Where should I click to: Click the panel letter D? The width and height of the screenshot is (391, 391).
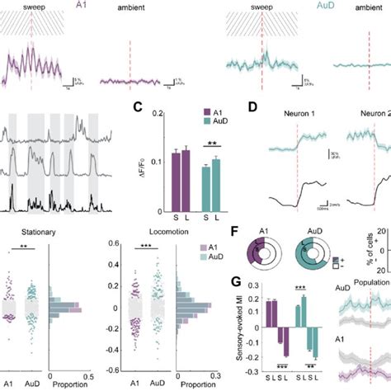click(x=253, y=106)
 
